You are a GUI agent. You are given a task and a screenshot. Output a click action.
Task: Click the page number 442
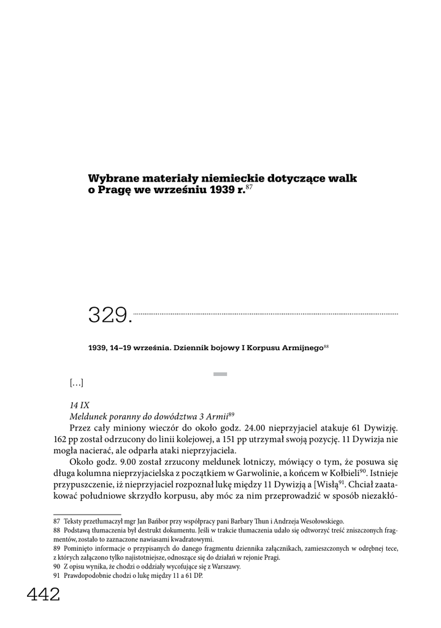click(x=43, y=594)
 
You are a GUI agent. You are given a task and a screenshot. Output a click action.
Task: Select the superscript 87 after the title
click(x=248, y=186)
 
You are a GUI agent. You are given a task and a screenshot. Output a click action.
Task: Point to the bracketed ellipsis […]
click(x=76, y=383)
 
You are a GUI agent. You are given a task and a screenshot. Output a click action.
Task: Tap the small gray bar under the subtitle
click(x=220, y=373)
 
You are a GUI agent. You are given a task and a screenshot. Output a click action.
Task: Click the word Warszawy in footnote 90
click(x=225, y=567)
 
